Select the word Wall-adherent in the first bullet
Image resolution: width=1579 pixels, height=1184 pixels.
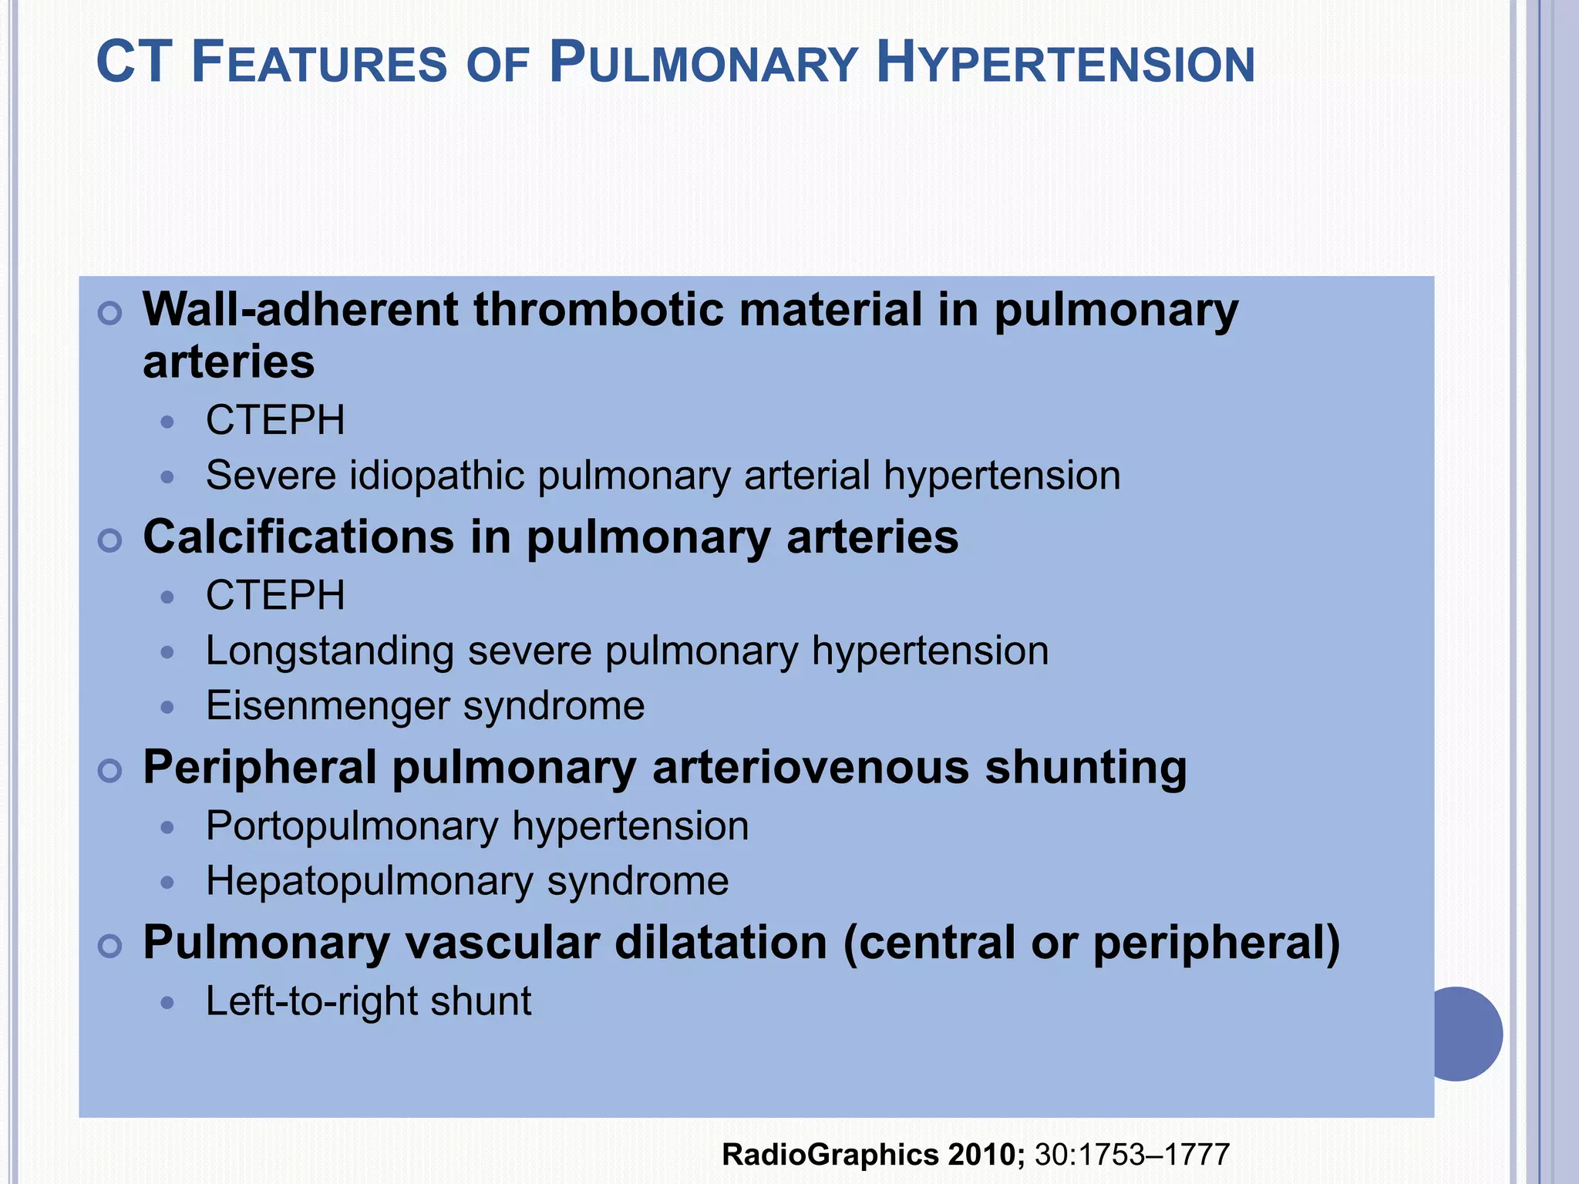301,310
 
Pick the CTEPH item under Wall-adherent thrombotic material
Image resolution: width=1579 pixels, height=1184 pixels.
275,420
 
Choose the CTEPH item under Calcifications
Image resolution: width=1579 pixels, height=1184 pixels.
275,595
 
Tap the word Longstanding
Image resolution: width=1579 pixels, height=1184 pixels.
330,651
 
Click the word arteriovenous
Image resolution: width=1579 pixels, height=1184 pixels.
810,768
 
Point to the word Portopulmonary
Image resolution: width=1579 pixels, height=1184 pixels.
352,826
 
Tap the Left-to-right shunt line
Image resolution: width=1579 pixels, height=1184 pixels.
369,1001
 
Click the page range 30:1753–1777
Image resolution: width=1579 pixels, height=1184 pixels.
1132,1155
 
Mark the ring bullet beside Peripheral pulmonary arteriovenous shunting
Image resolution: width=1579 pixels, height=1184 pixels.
110,771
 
